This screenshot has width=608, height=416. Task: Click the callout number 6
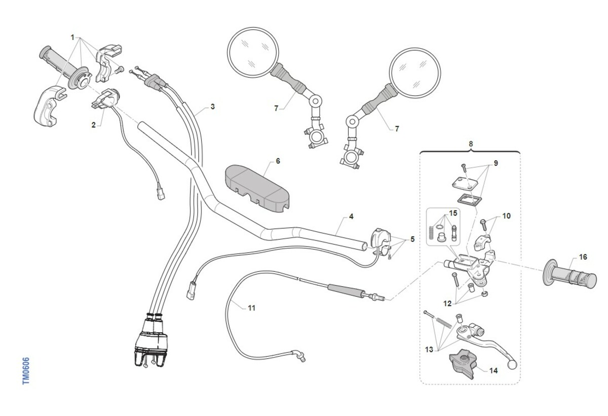[x=278, y=161]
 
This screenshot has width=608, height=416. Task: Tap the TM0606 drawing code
[x=26, y=370]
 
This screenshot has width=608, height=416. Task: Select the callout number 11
[x=252, y=308]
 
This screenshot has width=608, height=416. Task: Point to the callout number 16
[x=583, y=257]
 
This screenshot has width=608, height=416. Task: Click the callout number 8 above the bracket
[x=471, y=144]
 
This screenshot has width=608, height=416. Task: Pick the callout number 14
[x=493, y=371]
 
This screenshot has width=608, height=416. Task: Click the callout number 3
[x=213, y=107]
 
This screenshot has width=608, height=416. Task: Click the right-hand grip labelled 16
[x=570, y=275]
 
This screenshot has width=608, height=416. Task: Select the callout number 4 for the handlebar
[x=351, y=217]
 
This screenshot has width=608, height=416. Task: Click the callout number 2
[x=94, y=124]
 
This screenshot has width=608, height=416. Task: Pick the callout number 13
[x=429, y=349]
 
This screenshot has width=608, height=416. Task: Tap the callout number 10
[x=507, y=216]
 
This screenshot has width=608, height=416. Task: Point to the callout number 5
[x=412, y=239]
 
